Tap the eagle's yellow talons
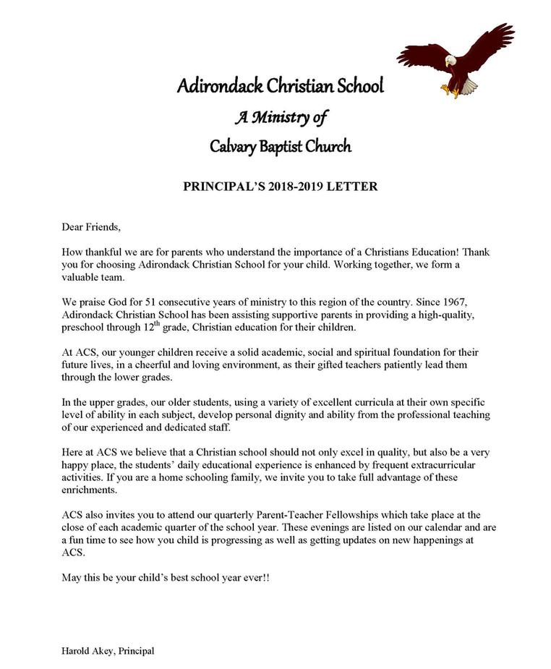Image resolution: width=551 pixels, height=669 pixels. coord(451,91)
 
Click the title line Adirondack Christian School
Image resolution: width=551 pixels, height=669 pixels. coord(281,87)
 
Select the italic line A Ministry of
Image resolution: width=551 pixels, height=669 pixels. coord(281,116)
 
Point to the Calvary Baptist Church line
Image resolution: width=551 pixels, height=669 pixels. coord(281,146)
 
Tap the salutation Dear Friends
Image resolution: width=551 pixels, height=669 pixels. coord(90,226)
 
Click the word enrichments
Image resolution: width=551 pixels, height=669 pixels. coord(89,490)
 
